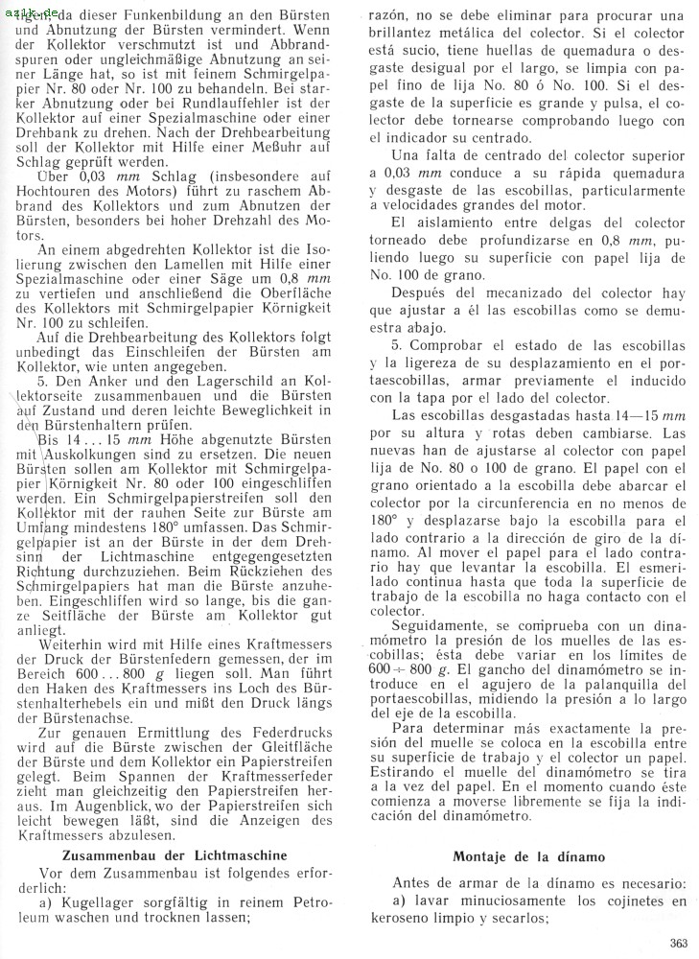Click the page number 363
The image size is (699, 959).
(679, 942)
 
